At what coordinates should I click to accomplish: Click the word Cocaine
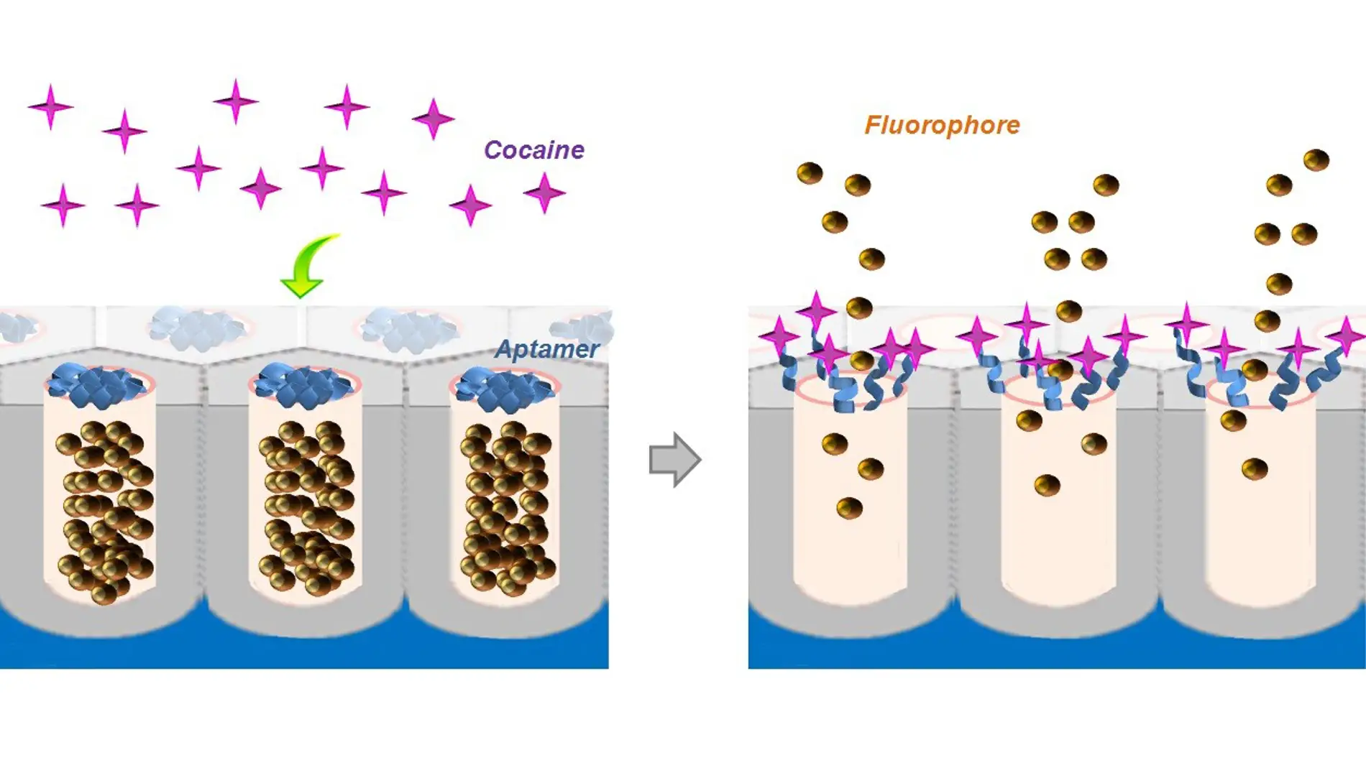pyautogui.click(x=534, y=150)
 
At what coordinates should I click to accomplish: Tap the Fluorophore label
pyautogui.click(x=942, y=126)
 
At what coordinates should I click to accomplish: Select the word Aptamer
pyautogui.click(x=547, y=349)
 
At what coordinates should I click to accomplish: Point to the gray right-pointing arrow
pyautogui.click(x=675, y=460)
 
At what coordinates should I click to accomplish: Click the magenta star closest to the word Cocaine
pyautogui.click(x=544, y=193)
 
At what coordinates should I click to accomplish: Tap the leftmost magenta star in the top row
pyautogui.click(x=50, y=107)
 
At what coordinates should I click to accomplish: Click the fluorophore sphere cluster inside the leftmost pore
pyautogui.click(x=105, y=512)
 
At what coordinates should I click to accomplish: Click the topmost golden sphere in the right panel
pyautogui.click(x=1316, y=159)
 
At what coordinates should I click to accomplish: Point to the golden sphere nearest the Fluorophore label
pyautogui.click(x=858, y=185)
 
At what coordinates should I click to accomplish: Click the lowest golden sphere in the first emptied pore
pyautogui.click(x=849, y=508)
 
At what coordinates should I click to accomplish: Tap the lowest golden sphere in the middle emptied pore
pyautogui.click(x=1047, y=485)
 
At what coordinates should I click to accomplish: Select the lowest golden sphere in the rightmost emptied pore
pyautogui.click(x=1255, y=469)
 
